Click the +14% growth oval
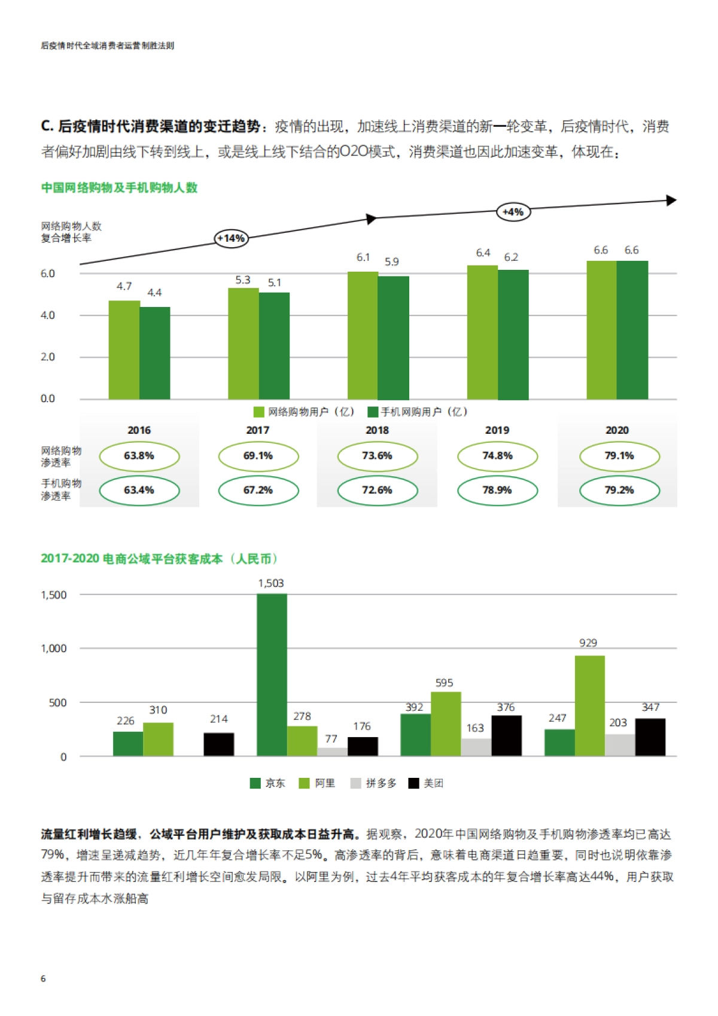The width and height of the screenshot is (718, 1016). (231, 239)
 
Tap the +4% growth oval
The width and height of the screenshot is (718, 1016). (513, 212)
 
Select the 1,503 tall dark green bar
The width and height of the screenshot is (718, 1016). (272, 674)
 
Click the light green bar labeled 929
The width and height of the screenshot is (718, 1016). (589, 705)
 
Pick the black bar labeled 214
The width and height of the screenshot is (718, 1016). (218, 744)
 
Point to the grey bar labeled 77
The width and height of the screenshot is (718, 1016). (332, 752)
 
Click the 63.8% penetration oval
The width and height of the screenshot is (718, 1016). (139, 456)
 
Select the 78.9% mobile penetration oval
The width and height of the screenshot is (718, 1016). (497, 490)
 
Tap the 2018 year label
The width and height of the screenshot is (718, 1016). (377, 430)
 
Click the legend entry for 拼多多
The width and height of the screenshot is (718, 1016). (374, 783)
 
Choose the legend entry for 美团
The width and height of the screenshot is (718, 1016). (426, 783)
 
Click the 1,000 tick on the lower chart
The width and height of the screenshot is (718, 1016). (54, 649)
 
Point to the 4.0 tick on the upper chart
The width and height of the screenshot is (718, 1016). (48, 315)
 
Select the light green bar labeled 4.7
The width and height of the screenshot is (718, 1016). (124, 349)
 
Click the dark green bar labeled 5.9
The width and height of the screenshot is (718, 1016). (393, 337)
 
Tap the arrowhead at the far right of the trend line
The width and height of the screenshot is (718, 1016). (671, 200)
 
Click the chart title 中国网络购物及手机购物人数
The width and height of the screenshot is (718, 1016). (119, 188)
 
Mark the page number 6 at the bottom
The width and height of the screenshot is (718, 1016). (43, 978)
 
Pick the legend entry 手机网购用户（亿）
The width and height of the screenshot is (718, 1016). (418, 412)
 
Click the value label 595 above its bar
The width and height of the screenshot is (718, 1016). (444, 683)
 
